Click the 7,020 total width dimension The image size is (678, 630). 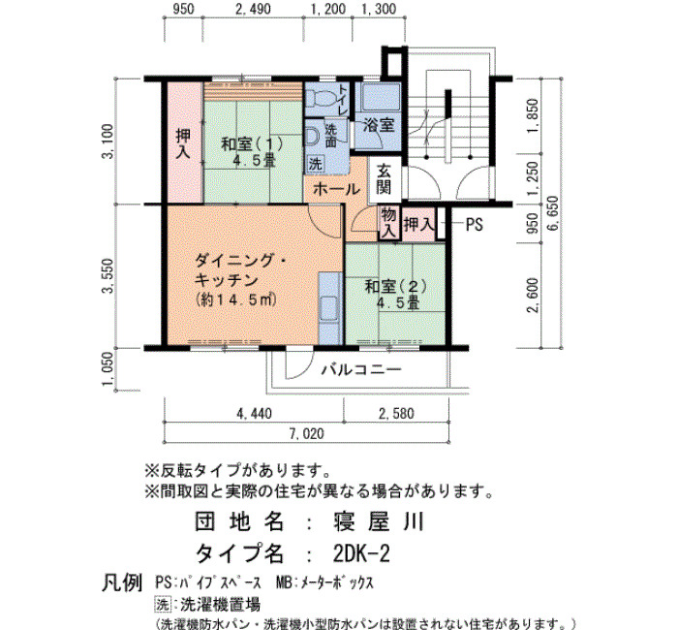click(x=307, y=433)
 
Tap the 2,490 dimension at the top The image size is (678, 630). click(x=254, y=9)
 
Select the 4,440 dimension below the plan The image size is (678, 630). click(x=254, y=414)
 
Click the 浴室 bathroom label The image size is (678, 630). click(x=379, y=125)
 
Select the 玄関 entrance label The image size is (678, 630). click(x=384, y=179)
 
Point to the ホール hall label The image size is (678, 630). click(x=336, y=190)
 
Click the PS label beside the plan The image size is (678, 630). click(x=474, y=225)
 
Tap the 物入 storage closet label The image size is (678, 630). click(x=388, y=223)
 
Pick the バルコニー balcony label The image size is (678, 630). click(x=361, y=370)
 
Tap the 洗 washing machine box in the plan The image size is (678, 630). click(x=315, y=164)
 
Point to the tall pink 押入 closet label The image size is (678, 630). click(x=184, y=143)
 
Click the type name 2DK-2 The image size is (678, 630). click(x=361, y=553)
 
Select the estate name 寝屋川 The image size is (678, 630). click(x=379, y=521)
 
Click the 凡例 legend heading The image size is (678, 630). click(x=122, y=583)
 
